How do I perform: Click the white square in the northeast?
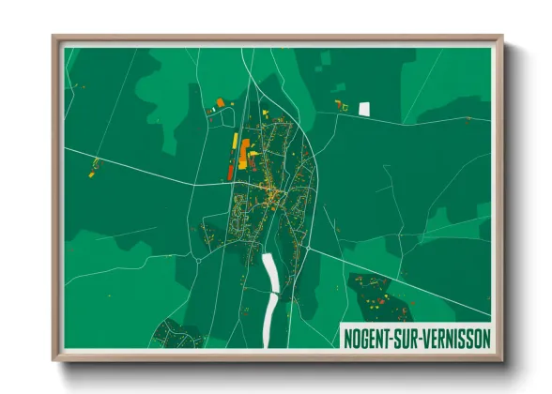(364, 108)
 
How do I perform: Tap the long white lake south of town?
(271, 291)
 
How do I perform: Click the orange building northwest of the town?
(221, 102)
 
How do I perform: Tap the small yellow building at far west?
(92, 173)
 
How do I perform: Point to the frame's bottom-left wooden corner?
(56, 357)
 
